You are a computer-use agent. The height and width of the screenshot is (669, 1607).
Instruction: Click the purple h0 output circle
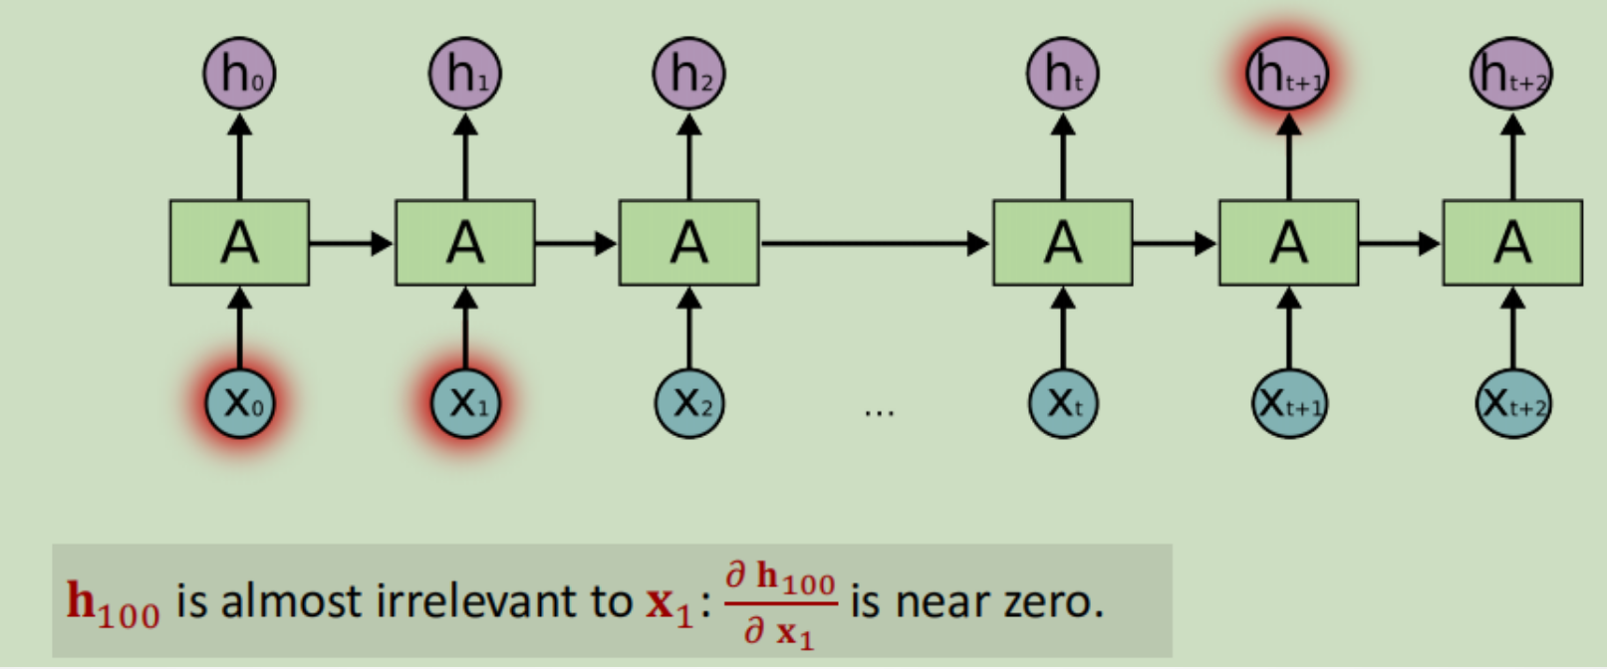click(x=239, y=74)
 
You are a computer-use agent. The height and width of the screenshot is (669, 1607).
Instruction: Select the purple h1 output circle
click(x=464, y=74)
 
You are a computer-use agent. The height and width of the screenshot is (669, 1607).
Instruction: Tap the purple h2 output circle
click(x=688, y=74)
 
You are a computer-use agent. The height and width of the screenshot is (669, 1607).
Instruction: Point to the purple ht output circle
click(x=1062, y=74)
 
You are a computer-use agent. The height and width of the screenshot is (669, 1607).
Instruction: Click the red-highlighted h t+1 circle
click(x=1287, y=74)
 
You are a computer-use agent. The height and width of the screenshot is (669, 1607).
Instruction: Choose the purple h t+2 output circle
click(x=1511, y=74)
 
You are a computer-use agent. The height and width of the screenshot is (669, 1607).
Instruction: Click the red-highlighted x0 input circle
click(x=239, y=403)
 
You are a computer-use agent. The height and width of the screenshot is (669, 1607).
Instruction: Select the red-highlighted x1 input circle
click(x=464, y=403)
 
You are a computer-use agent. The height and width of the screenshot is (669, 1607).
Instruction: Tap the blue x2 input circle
click(x=688, y=403)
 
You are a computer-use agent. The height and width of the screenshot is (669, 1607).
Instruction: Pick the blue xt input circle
click(x=1062, y=403)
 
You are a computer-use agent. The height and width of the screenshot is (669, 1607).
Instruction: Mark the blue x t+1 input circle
click(x=1288, y=403)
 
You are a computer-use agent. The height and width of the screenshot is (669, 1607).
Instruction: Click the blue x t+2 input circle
click(x=1512, y=403)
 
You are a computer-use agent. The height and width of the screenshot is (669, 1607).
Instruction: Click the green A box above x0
click(x=239, y=243)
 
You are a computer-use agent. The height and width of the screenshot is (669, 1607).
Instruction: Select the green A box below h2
click(x=688, y=243)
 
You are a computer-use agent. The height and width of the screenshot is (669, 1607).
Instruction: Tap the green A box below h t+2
click(x=1512, y=243)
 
